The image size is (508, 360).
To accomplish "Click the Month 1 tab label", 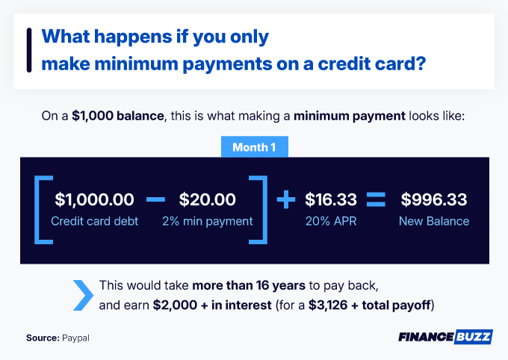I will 254,147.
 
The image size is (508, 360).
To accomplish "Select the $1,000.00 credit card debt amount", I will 94,199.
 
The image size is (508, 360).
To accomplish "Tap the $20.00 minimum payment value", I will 208,199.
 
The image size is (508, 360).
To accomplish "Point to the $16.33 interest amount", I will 330,199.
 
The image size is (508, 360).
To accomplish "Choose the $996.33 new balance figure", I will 434,199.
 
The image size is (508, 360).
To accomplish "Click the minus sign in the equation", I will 155,199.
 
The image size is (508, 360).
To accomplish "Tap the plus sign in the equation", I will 285,200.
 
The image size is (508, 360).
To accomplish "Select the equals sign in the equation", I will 375,199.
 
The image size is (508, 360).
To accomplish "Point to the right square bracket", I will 261,209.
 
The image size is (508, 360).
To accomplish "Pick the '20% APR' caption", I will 330,221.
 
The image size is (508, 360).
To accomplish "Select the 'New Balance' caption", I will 434,221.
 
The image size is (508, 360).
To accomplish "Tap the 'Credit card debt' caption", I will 94,221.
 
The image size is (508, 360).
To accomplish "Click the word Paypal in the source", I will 79,338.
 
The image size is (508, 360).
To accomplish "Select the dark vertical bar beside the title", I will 28,50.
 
